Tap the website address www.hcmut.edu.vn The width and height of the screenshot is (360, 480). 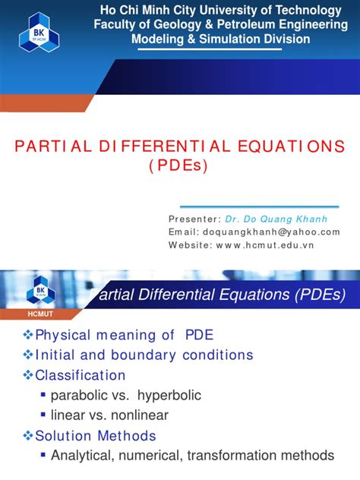264,245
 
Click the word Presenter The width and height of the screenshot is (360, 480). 194,219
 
